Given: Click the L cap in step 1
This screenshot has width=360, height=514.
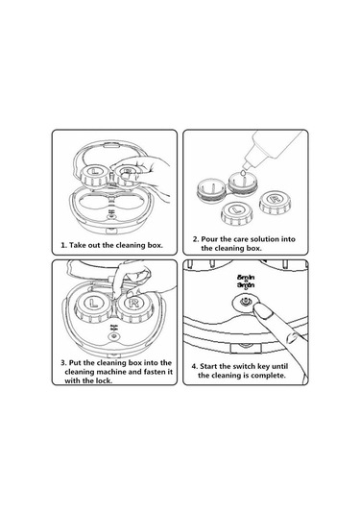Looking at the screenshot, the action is click(x=94, y=176).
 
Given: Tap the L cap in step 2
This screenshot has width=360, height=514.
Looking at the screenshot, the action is click(x=236, y=213).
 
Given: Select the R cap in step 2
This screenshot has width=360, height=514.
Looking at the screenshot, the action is click(x=275, y=203).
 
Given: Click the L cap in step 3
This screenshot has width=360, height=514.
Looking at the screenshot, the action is click(x=94, y=307).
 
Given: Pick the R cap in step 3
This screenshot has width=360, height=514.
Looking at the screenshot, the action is click(x=133, y=306).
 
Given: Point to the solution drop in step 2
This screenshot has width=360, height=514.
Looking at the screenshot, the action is click(x=243, y=173).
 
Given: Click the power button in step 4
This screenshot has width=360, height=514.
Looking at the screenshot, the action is click(x=245, y=301).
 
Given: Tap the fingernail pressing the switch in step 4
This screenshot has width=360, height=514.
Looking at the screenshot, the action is click(x=264, y=311).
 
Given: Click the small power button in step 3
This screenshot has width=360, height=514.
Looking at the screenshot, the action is click(x=113, y=336).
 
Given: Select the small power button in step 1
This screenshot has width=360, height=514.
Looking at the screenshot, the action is click(x=111, y=215).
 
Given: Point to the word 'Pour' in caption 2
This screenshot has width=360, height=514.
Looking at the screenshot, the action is click(x=209, y=239).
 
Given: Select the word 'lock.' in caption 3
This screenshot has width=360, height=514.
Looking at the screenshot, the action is click(x=105, y=380).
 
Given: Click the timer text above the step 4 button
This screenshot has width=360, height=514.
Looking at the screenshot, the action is click(x=246, y=281).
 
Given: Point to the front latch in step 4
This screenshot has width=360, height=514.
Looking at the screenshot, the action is click(x=246, y=348).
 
